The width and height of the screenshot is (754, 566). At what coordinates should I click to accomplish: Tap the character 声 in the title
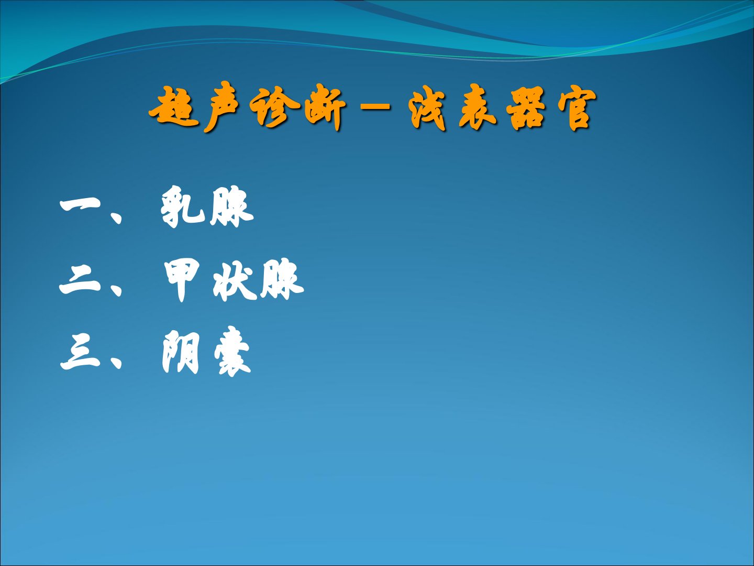(221, 107)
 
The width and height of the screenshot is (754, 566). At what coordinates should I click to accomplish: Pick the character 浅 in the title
(427, 108)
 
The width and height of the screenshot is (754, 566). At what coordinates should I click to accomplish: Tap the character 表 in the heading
(478, 107)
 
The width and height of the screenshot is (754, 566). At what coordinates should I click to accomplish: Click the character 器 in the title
(526, 108)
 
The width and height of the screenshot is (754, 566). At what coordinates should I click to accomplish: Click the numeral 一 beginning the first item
(80, 205)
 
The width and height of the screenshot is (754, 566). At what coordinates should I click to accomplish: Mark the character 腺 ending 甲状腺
(282, 280)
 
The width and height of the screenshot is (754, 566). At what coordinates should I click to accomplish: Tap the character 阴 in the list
(181, 352)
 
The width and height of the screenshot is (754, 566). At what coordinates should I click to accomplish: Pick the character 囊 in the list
(232, 352)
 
